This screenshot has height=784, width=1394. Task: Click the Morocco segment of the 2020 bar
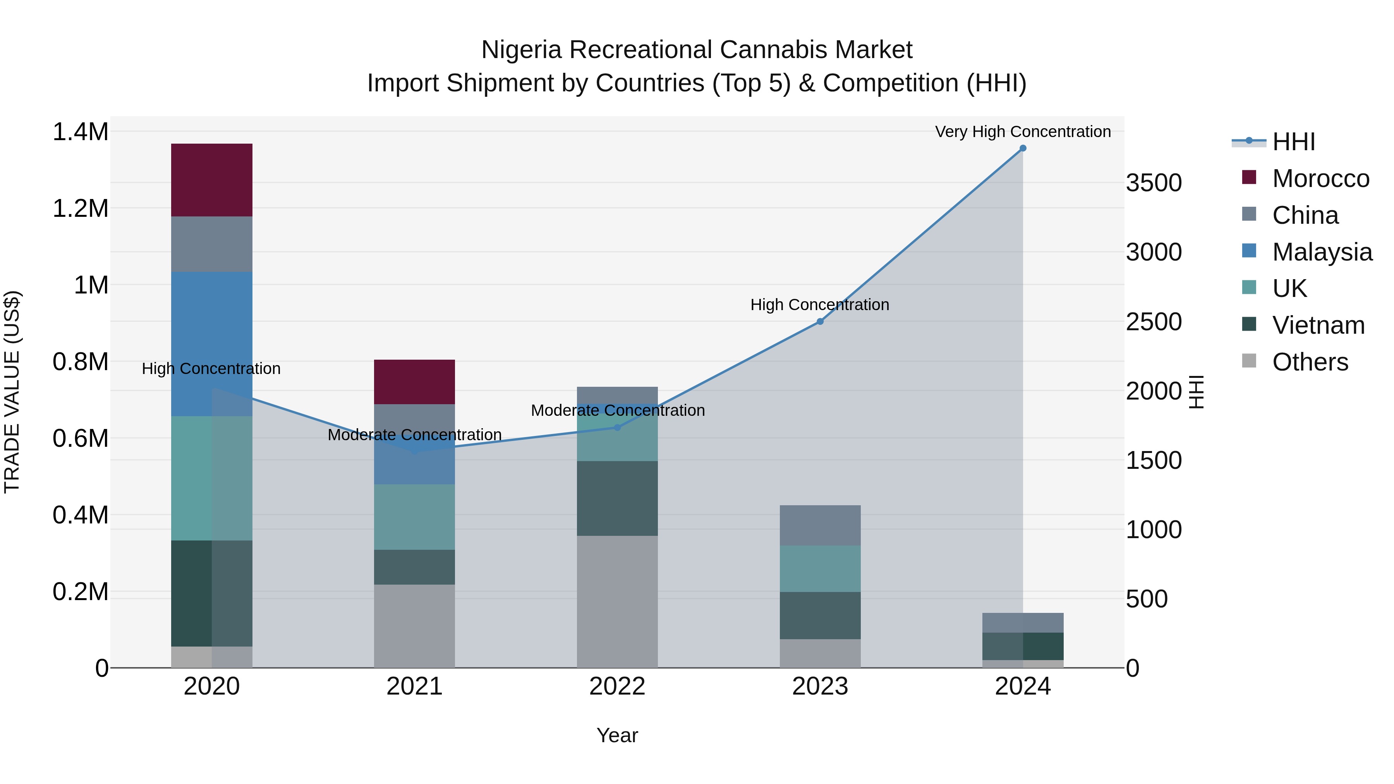[211, 180]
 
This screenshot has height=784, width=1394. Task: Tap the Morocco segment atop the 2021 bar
[414, 381]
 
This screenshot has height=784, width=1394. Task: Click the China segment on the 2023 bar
[820, 525]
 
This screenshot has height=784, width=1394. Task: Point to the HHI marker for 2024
[1023, 148]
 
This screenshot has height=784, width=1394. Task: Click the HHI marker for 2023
[820, 321]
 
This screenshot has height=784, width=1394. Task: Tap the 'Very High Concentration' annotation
[1023, 132]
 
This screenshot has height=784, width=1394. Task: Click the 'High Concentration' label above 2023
[819, 305]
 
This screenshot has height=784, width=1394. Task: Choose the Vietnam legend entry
[1318, 325]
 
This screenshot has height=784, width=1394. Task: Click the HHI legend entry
[1293, 142]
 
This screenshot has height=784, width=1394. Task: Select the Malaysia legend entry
[1322, 252]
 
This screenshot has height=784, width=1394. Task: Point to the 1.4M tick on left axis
[80, 132]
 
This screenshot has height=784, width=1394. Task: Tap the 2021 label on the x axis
[414, 686]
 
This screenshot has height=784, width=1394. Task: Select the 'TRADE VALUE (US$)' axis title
[12, 392]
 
